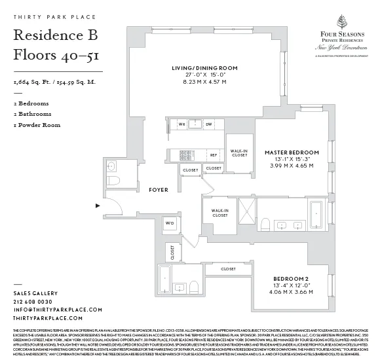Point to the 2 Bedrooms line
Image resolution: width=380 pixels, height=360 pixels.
coord(31,103)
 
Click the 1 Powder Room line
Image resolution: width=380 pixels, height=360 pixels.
coord(37,124)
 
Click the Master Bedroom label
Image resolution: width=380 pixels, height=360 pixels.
coord(292,153)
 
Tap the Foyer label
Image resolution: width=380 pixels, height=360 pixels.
coord(158,190)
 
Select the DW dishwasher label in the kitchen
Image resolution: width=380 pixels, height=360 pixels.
coord(208,124)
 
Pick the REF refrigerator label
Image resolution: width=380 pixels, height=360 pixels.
coord(214,155)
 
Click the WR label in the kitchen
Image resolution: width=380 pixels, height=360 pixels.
coord(183,124)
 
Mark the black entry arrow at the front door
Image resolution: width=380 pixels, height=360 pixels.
coord(98,205)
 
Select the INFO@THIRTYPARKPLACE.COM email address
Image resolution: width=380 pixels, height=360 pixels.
coord(58,310)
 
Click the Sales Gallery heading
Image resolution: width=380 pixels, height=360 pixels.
coord(32,294)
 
